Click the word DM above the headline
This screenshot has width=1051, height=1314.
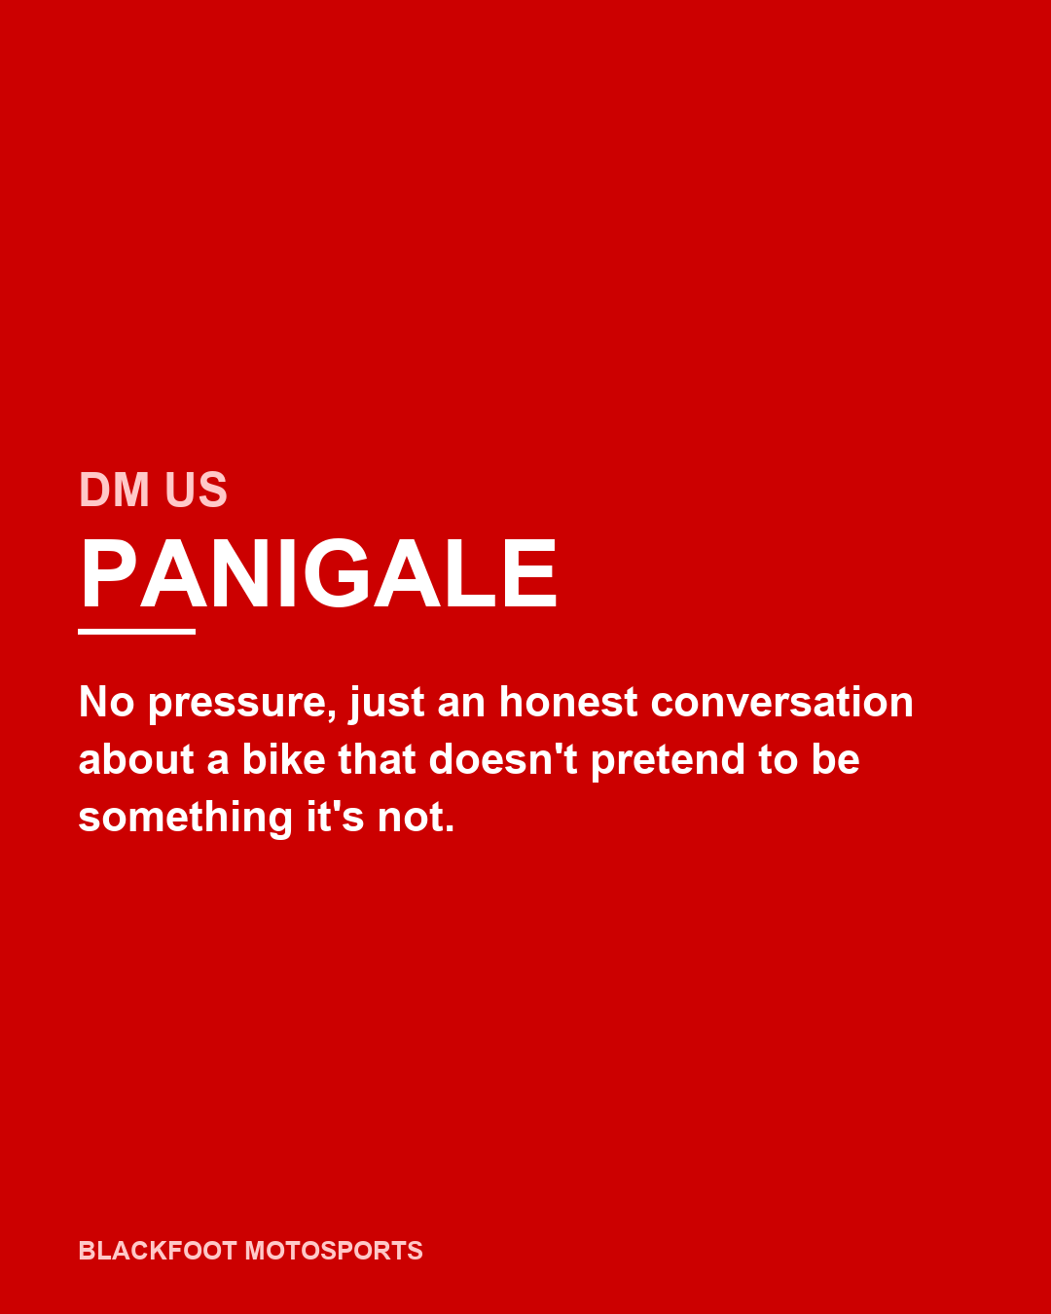pos(115,490)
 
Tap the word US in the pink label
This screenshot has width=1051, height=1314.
pos(196,490)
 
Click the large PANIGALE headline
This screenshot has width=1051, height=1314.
pos(318,574)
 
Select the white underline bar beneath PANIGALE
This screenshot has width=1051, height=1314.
pos(136,632)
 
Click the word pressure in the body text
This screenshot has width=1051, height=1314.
pos(236,703)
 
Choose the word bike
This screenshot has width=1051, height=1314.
pos(283,759)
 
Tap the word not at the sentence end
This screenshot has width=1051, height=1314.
pos(416,818)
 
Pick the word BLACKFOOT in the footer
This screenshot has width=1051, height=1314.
pos(158,1251)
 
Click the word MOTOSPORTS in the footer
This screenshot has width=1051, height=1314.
pos(334,1251)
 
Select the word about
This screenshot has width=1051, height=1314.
pos(136,759)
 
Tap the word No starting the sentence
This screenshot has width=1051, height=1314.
pos(106,702)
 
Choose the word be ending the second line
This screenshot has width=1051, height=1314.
pos(835,759)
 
